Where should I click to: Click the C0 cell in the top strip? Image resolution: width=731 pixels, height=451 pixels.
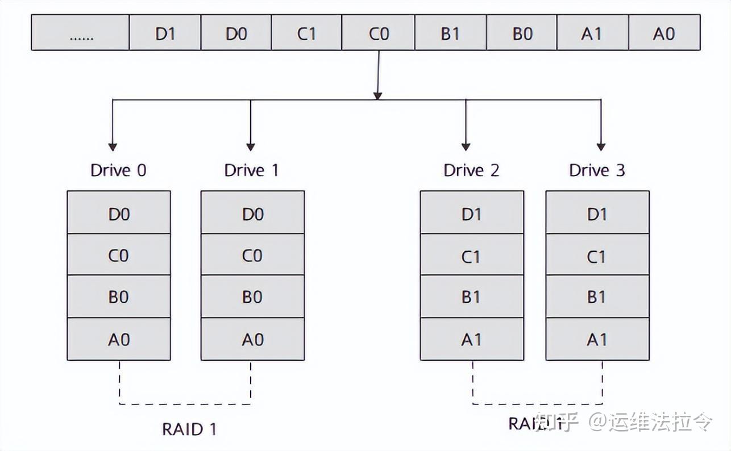(378, 33)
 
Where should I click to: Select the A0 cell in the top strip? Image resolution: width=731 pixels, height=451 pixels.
(664, 33)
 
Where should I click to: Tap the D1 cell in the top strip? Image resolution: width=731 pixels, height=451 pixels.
(165, 33)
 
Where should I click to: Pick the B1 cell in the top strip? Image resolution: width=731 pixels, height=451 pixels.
(450, 33)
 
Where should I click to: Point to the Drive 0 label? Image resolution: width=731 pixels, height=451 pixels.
(118, 170)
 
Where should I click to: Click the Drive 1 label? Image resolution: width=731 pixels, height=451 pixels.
(252, 170)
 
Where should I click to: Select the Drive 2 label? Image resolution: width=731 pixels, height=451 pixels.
(471, 170)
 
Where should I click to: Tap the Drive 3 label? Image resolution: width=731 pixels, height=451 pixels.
(597, 170)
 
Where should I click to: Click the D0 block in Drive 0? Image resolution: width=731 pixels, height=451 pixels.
(119, 213)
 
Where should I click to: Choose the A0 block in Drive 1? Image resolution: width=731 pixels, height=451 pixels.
(252, 339)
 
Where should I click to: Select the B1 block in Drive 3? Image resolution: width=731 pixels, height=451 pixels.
(597, 297)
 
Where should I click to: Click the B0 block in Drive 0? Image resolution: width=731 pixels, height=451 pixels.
(119, 297)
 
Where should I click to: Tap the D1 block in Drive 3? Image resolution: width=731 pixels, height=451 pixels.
(597, 213)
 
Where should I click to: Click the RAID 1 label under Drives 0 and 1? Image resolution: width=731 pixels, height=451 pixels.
(189, 429)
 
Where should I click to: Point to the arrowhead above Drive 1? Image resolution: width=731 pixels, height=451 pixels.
(250, 145)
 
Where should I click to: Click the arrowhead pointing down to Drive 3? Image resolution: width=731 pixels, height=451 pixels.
(601, 145)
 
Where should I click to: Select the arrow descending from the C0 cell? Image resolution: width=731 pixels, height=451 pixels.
(377, 74)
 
